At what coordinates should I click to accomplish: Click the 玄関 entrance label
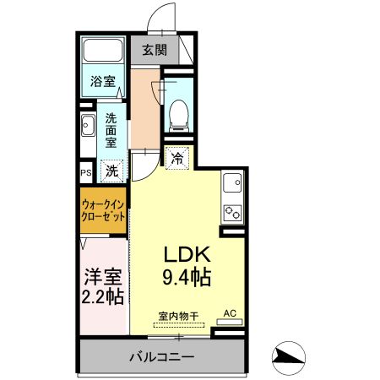(x=155, y=50)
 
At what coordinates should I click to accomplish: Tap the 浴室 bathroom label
(x=104, y=82)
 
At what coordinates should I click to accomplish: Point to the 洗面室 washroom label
(x=111, y=132)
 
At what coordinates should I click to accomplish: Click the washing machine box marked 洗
(x=111, y=171)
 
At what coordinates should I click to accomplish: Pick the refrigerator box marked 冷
(x=178, y=157)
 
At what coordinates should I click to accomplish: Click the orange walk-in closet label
(x=105, y=210)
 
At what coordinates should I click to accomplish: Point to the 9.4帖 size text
(x=185, y=276)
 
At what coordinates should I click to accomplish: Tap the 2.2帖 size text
(x=104, y=296)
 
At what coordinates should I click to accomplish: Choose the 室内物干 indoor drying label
(x=177, y=316)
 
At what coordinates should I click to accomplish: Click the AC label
(x=229, y=313)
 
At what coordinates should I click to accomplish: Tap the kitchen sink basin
(x=230, y=182)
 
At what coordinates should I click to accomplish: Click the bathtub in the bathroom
(x=104, y=52)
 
